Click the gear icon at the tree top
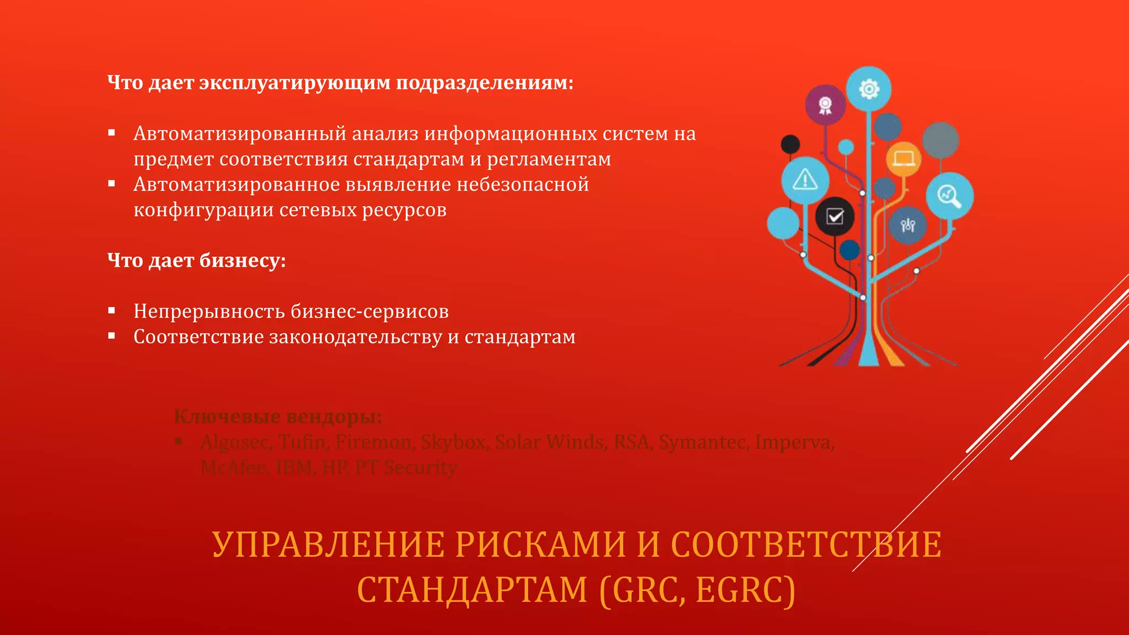tap(869, 89)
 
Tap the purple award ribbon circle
tap(825, 105)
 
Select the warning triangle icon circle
tap(805, 180)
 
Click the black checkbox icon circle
tap(835, 217)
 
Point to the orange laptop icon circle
tap(904, 159)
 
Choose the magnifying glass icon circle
tap(949, 196)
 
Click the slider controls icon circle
tap(907, 225)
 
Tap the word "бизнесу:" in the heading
tap(243, 260)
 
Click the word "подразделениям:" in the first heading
tap(485, 83)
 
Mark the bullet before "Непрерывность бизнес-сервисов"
tap(112, 311)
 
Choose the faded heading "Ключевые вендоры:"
tap(277, 417)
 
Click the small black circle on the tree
tap(791, 144)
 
